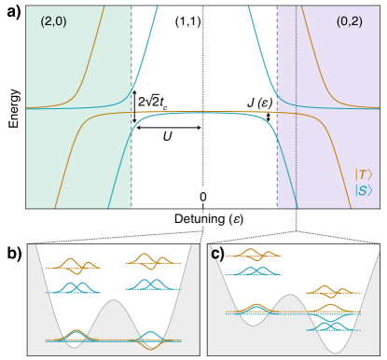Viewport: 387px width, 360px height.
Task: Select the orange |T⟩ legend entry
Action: click(x=364, y=174)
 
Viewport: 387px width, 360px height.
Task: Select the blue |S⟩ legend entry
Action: click(x=364, y=190)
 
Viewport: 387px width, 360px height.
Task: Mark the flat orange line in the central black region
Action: click(x=202, y=112)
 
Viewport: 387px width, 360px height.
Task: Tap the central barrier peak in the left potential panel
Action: click(x=114, y=303)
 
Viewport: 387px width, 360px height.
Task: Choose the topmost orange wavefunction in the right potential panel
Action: click(x=252, y=254)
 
